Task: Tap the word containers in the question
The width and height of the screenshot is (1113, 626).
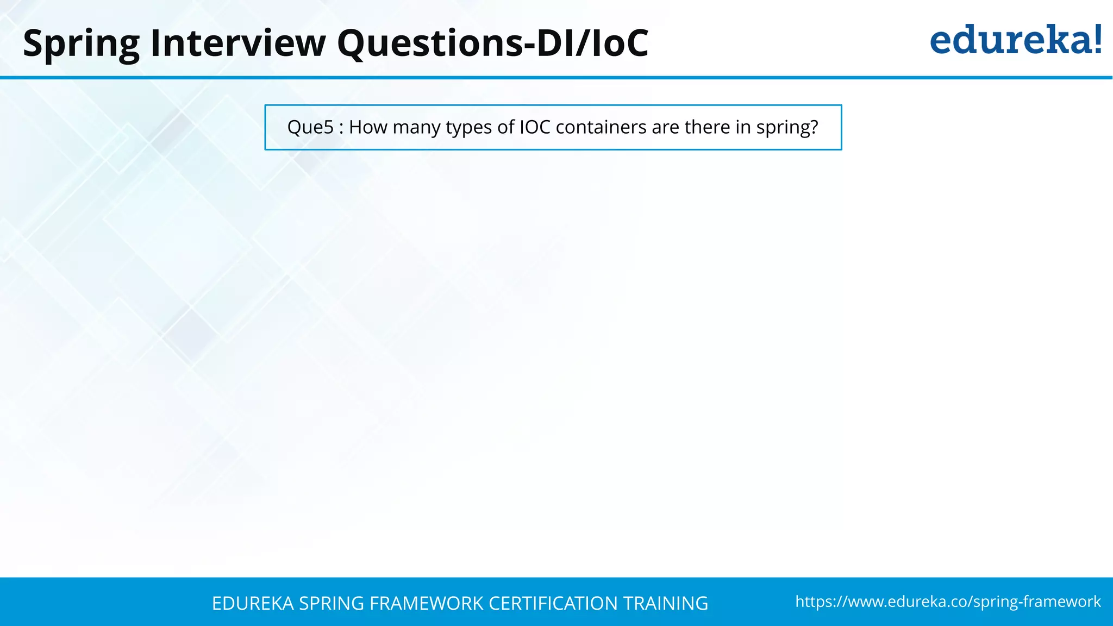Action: [601, 127]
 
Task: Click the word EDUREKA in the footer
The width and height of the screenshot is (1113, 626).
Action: [253, 604]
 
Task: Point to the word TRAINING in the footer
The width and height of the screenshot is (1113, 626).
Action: [665, 604]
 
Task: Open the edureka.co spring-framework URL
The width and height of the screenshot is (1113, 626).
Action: [948, 602]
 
